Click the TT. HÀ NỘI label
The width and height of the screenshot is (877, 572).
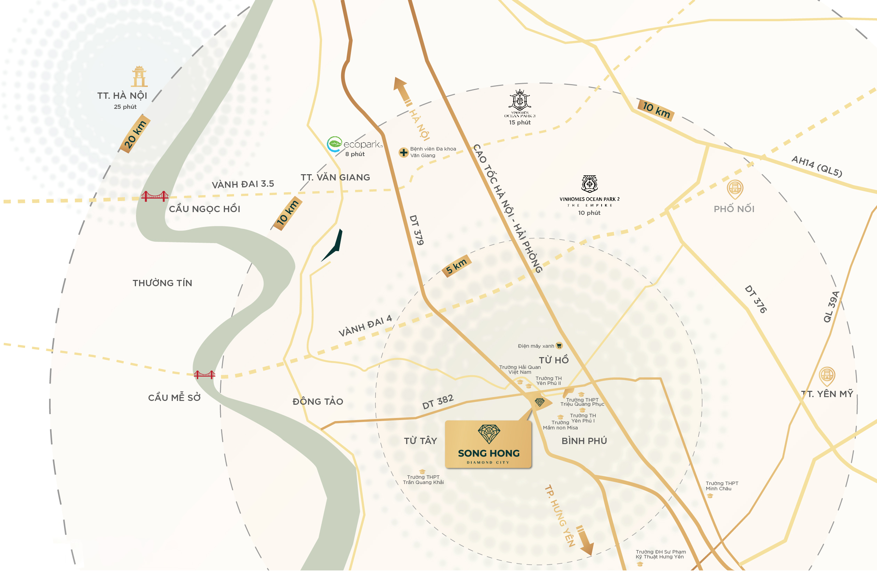[122, 96]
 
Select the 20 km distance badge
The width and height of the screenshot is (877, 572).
[135, 135]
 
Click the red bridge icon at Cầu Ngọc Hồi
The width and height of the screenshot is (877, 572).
[155, 196]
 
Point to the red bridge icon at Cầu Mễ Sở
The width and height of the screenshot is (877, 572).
[204, 375]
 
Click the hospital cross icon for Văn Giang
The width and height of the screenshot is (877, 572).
[403, 152]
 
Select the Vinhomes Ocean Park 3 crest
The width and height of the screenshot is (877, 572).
[520, 100]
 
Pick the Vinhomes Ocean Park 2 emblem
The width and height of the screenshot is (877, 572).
[589, 184]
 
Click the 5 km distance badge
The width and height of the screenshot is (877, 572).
[456, 266]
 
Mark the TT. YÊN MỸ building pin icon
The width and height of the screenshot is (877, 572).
[827, 376]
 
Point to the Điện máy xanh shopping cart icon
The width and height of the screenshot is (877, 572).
[559, 346]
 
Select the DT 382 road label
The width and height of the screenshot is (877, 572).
[438, 402]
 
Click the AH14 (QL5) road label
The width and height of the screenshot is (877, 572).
[816, 166]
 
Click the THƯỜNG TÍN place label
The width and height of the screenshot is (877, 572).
[162, 283]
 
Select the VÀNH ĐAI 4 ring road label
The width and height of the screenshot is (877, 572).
[365, 326]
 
